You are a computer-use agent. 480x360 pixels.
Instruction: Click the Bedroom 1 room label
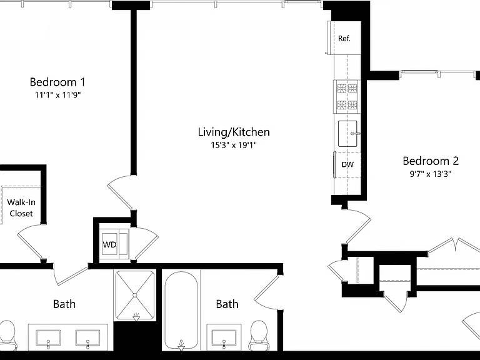tap(57, 82)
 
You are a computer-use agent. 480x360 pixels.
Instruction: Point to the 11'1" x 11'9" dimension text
tap(57, 95)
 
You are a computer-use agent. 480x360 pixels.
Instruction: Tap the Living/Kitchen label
tap(234, 132)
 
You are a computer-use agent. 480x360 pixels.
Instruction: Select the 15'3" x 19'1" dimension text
tap(234, 145)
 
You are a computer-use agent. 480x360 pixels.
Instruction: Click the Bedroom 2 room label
tap(431, 161)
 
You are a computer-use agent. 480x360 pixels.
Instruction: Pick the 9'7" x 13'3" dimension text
tap(431, 174)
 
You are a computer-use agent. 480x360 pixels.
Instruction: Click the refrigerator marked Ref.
tap(344, 38)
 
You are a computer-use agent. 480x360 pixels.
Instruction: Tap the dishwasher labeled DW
tap(347, 164)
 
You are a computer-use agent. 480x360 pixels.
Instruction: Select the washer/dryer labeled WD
tap(115, 244)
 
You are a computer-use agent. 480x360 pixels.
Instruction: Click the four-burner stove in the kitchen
tap(347, 97)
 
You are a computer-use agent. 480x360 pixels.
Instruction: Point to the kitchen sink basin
tap(347, 134)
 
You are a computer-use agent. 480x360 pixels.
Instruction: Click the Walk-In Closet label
tap(21, 207)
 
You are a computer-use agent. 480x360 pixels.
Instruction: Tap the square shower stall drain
tap(135, 295)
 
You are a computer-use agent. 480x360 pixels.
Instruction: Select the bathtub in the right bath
tap(181, 310)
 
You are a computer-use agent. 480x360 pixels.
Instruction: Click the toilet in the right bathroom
tap(259, 335)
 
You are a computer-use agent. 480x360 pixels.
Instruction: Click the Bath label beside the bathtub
tap(227, 304)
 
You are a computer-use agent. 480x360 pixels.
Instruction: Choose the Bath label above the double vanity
tap(64, 304)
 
